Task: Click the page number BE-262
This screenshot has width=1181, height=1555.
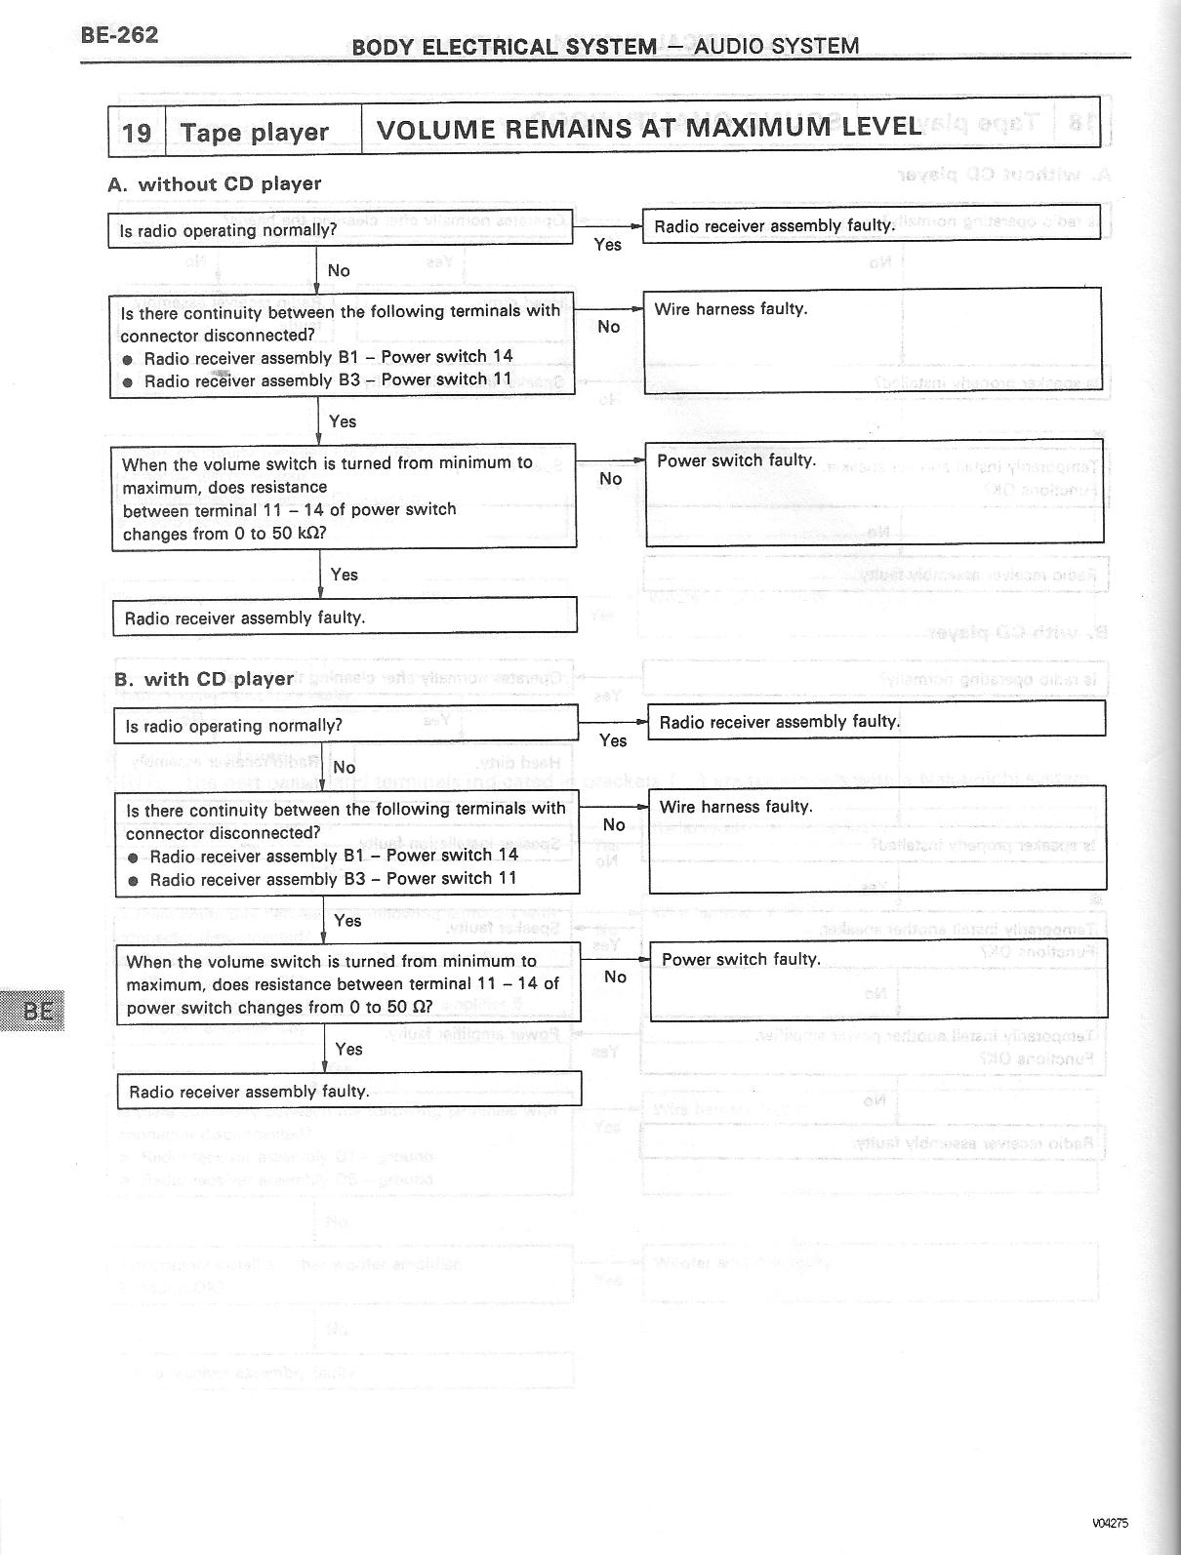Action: pyautogui.click(x=119, y=36)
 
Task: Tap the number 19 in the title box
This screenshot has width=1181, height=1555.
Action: pyautogui.click(x=137, y=132)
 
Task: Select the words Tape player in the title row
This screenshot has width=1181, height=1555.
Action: pyautogui.click(x=254, y=132)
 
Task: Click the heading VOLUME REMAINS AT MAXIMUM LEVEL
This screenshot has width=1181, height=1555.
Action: pyautogui.click(x=647, y=128)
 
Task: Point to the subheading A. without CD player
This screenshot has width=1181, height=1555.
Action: pyautogui.click(x=215, y=183)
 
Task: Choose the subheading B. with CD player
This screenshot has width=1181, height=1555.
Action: pyautogui.click(x=204, y=679)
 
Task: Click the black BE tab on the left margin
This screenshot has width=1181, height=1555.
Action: pyautogui.click(x=36, y=1010)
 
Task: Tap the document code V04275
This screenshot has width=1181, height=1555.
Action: pyautogui.click(x=1110, y=1523)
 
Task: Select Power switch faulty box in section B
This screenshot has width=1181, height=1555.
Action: pyautogui.click(x=878, y=979)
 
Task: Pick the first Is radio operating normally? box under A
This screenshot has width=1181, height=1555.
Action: pyautogui.click(x=339, y=230)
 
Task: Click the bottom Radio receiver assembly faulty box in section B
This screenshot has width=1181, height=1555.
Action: pyautogui.click(x=348, y=1091)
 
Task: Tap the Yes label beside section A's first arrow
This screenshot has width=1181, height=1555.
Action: pyautogui.click(x=607, y=245)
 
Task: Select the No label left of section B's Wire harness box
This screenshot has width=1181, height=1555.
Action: pyautogui.click(x=613, y=825)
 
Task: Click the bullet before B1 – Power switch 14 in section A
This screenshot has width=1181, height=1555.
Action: pyautogui.click(x=128, y=359)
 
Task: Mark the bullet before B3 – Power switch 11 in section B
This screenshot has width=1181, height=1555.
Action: pyautogui.click(x=134, y=880)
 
